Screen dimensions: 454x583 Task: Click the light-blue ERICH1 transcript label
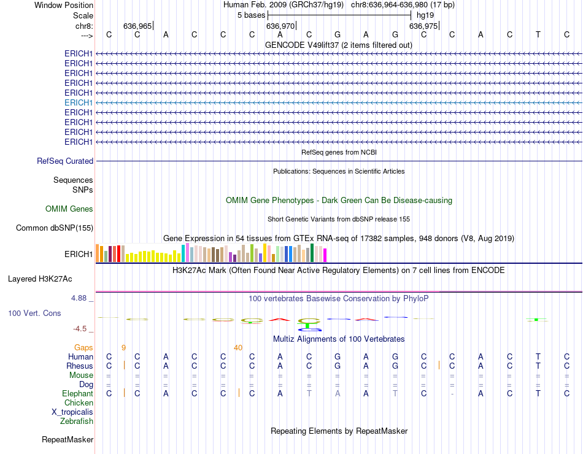79,102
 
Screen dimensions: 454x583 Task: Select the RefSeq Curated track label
65,161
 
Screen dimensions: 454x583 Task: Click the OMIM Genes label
69,209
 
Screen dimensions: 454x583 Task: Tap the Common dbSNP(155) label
55,228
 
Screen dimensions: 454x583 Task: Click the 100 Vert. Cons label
34,313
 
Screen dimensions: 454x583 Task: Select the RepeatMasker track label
68,439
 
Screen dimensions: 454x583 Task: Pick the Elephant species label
77,394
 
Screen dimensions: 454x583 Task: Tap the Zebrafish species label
77,421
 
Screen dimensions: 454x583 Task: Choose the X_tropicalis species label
72,412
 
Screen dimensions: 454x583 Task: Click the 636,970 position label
280,26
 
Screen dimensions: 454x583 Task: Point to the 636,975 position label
423,26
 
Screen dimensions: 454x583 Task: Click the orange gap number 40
238,348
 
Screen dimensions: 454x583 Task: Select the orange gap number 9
123,348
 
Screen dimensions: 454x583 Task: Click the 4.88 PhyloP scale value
80,298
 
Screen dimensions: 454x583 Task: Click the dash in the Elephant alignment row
452,394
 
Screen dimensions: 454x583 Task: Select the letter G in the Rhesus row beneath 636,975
395,366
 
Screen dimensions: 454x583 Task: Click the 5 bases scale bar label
251,14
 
